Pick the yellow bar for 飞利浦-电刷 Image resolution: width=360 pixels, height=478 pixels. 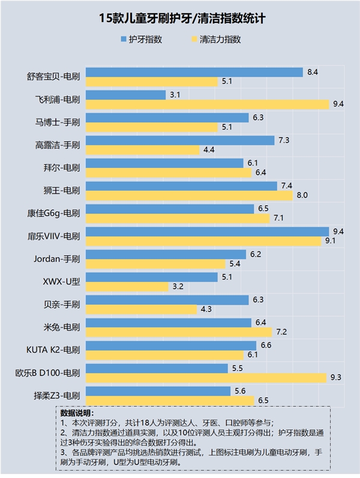[x=208, y=104]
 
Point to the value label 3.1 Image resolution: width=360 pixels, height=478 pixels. [x=175, y=95]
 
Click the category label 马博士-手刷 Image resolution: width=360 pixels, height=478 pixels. [x=59, y=122]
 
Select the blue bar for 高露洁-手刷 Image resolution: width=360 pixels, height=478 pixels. [x=180, y=140]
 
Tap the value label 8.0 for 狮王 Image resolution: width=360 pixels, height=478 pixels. [x=302, y=196]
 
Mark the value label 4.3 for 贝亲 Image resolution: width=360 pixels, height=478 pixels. [x=207, y=309]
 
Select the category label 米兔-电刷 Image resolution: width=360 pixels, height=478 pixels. [x=62, y=327]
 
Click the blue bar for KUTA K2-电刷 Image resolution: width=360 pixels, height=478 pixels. [x=171, y=345]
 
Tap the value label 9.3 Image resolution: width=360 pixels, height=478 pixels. [x=337, y=378]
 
